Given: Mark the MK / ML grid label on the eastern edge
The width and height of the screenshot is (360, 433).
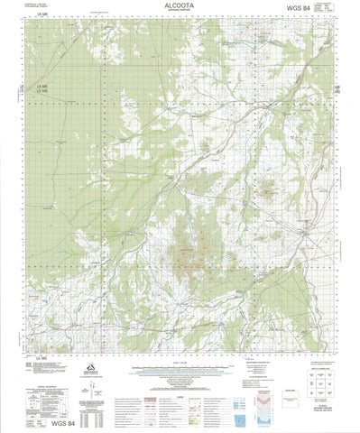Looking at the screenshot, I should tap(336, 88).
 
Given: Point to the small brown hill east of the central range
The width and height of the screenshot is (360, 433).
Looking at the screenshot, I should tap(266, 189).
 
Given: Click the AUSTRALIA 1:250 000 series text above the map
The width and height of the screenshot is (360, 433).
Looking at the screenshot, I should tap(32, 5).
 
